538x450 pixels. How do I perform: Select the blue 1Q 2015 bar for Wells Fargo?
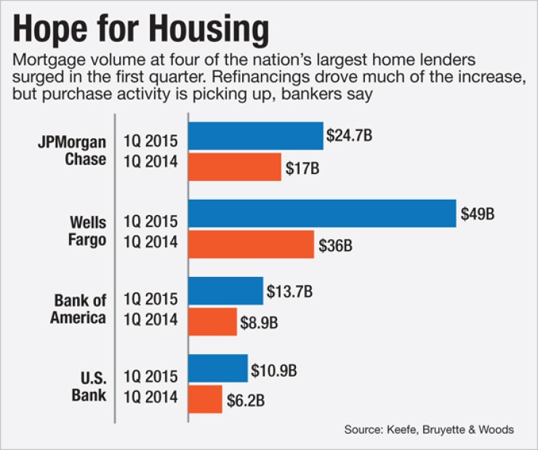[322, 213]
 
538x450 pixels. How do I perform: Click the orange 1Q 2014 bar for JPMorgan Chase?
[235, 167]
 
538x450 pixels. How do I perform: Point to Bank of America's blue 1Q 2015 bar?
[225, 291]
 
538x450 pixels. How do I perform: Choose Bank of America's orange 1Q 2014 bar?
[213, 321]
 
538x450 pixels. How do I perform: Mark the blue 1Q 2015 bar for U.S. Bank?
[218, 369]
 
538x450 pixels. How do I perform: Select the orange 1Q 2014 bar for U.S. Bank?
[205, 399]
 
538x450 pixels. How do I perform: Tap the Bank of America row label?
[79, 308]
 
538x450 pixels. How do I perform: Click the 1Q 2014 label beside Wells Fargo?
[150, 241]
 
